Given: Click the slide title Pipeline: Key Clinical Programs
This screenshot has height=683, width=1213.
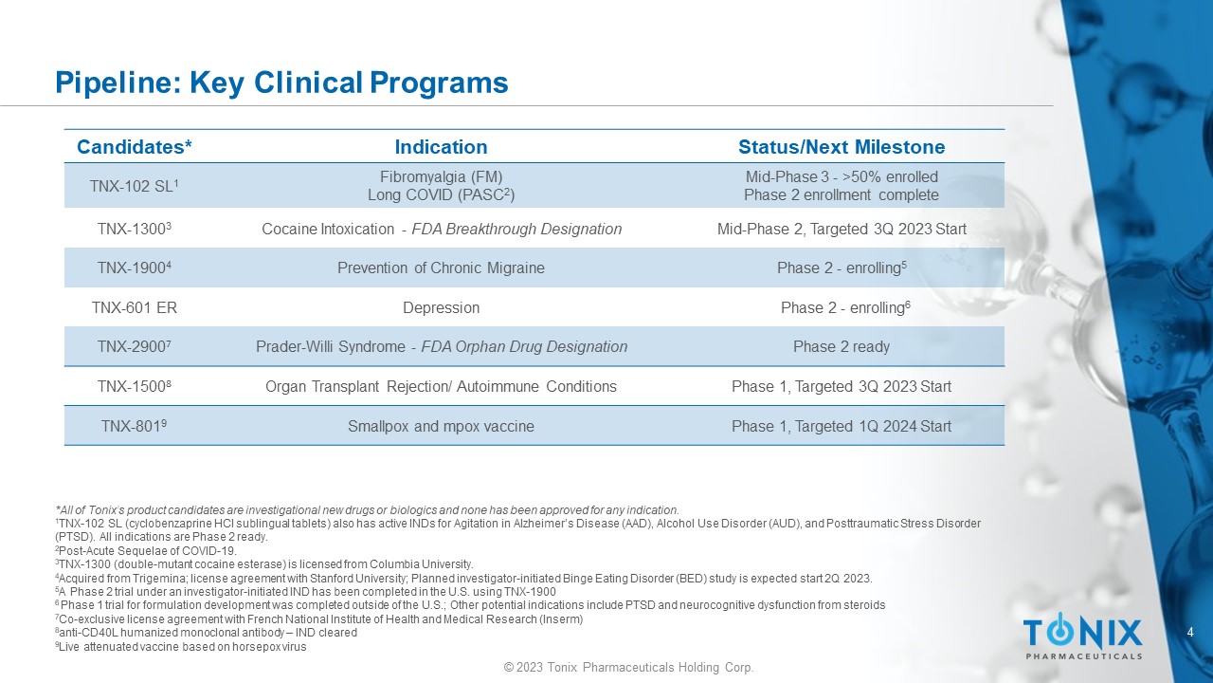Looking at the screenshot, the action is click(281, 83).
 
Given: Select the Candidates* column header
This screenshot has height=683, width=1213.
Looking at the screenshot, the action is click(135, 147).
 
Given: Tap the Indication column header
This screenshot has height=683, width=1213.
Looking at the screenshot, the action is click(441, 147).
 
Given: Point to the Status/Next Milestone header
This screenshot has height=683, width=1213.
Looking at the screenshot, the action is click(842, 147).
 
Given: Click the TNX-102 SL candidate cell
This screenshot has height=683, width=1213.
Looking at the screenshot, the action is click(135, 186).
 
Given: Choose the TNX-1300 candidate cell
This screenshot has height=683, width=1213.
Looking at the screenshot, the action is click(135, 229).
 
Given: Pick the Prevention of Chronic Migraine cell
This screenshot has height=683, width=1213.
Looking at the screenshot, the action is click(441, 268).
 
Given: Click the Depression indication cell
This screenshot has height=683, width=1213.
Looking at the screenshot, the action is click(441, 308).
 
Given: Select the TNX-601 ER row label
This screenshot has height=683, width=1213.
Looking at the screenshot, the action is click(135, 308).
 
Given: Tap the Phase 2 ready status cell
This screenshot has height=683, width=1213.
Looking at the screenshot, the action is click(842, 346).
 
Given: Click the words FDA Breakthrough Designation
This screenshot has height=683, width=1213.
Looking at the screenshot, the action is click(516, 229).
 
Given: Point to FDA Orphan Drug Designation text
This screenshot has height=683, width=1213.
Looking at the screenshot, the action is click(524, 346).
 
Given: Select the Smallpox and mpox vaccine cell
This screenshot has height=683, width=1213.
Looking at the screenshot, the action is click(441, 426).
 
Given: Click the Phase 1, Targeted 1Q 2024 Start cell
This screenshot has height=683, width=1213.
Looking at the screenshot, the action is click(842, 426).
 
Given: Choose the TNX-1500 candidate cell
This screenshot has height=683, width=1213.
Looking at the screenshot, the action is click(135, 386).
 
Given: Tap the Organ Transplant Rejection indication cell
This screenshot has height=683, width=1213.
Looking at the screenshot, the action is click(441, 386).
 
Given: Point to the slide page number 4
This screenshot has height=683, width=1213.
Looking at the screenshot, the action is click(1190, 632).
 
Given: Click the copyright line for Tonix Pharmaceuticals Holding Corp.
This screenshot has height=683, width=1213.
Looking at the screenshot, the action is click(628, 667).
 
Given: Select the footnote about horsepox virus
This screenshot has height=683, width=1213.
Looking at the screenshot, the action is click(181, 647).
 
